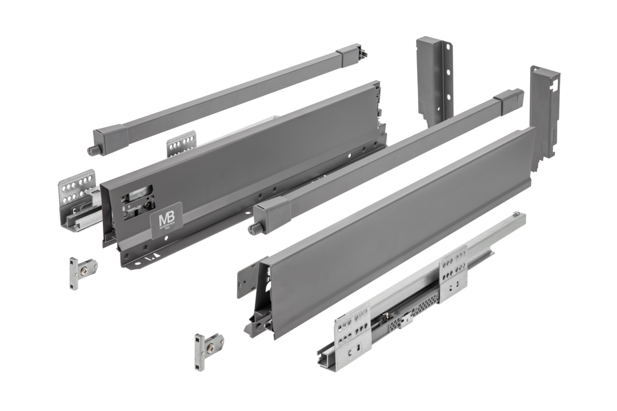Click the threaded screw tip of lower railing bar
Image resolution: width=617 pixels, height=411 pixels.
254,229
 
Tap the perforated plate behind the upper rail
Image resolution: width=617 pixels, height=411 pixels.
181,144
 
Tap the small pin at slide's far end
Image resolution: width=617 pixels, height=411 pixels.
515,213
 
